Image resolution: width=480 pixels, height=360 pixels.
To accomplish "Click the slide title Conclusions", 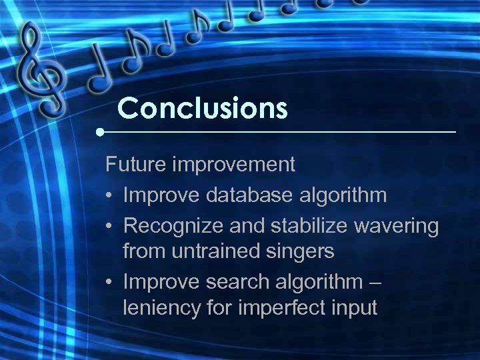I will coord(202,107).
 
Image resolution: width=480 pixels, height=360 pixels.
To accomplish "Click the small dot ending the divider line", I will coord(99,132).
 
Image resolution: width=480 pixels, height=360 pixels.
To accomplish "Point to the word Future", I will coord(137,163).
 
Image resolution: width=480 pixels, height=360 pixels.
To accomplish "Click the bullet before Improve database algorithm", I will coord(110,195).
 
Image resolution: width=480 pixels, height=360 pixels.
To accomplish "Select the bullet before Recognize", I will coord(110,227).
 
